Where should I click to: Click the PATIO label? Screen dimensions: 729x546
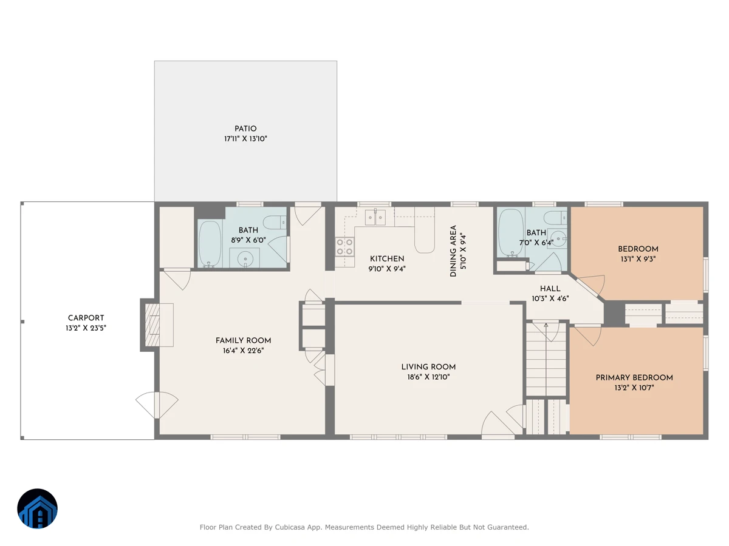(245, 128)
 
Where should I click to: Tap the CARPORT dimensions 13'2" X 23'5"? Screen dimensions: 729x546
(86, 328)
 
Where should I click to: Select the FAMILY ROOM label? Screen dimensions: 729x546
(243, 340)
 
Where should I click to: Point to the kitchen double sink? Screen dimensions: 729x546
(375, 217)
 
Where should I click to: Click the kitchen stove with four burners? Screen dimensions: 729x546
(344, 247)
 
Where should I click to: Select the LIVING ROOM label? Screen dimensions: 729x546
(428, 366)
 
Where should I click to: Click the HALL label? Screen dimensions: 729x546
(550, 288)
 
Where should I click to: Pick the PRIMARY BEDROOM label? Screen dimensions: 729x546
(634, 377)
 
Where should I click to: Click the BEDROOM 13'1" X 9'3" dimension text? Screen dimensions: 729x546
(638, 259)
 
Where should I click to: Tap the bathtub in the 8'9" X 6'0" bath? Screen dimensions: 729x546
(210, 244)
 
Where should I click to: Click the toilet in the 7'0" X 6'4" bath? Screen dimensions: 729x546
(555, 218)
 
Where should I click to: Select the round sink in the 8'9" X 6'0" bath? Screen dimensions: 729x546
(245, 259)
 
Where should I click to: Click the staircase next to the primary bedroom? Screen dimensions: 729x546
(546, 359)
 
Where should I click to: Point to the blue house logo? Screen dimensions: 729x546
(37, 508)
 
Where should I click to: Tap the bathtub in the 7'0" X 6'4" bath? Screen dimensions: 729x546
(511, 233)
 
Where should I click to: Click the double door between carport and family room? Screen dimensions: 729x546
(157, 405)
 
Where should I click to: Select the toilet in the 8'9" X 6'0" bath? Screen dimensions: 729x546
(275, 222)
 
